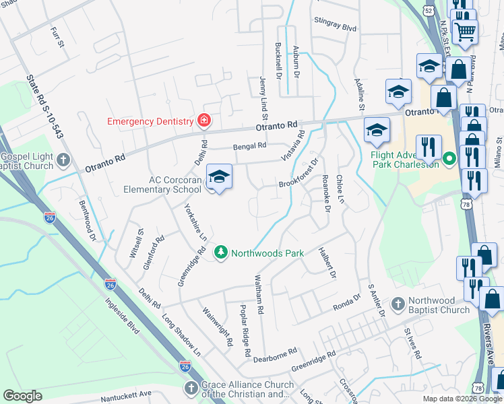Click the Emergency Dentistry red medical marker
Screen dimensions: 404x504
203,121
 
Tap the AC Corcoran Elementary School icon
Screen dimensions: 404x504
218,177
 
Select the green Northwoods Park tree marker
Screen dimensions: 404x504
220,252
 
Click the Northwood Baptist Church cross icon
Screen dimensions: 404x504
398,304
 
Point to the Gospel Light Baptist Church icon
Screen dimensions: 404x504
63,160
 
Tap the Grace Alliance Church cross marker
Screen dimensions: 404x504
191,389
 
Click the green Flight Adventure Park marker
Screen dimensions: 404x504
450,160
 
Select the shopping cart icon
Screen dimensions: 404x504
465,30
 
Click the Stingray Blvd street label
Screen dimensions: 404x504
335,28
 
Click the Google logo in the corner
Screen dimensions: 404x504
22,396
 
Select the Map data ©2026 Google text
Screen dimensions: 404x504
462,399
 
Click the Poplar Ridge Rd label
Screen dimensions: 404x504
245,329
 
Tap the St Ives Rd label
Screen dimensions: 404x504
412,343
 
